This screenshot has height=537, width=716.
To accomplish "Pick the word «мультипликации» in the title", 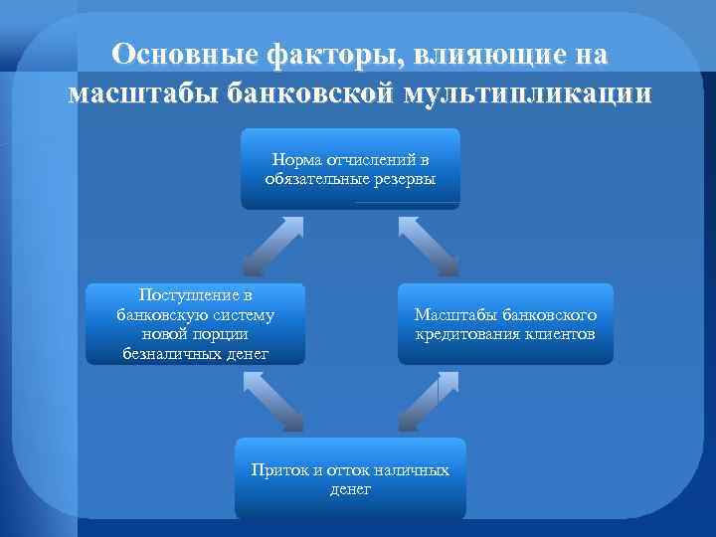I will point(528,94).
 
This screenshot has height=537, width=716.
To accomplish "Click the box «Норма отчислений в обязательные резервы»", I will point(350,168).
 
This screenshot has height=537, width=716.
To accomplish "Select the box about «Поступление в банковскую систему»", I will point(194,324).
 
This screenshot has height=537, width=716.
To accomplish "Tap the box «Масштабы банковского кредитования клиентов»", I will point(505,324).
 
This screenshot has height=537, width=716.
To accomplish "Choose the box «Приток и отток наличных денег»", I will point(350,478).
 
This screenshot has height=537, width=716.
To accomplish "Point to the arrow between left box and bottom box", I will point(271,401).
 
